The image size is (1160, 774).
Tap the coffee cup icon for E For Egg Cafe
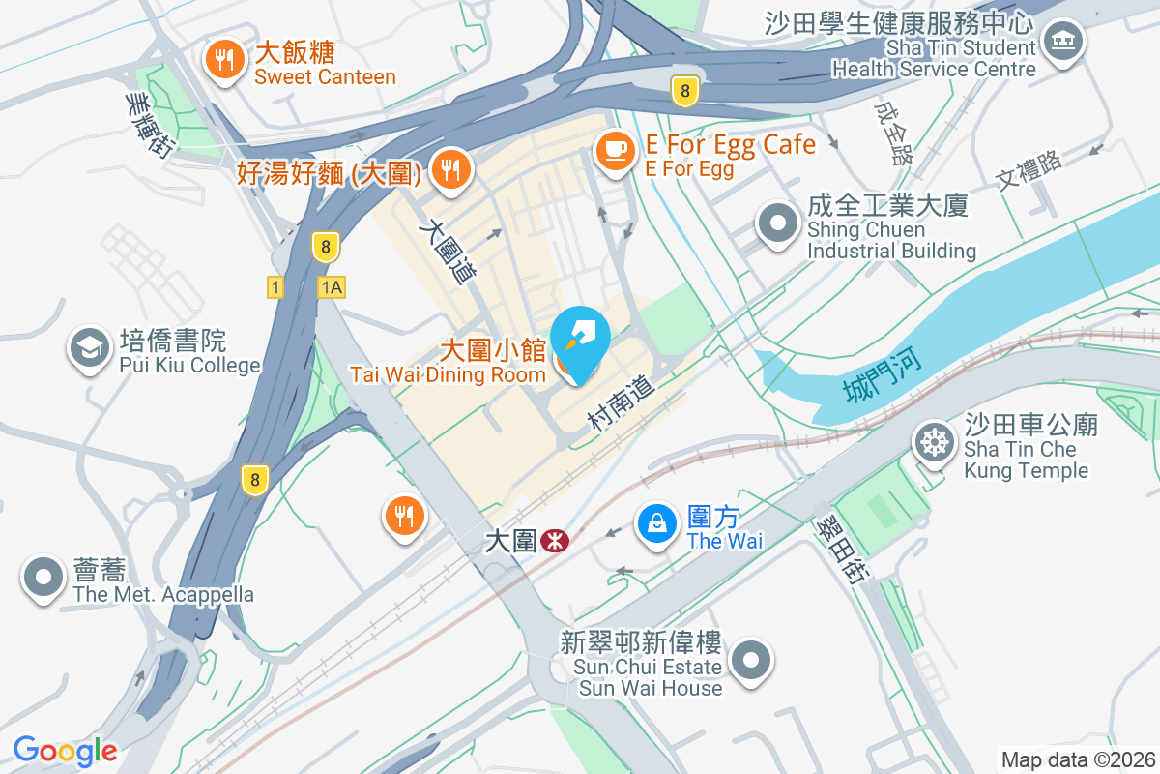tap(614, 151)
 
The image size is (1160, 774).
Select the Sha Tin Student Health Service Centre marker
tap(1063, 42)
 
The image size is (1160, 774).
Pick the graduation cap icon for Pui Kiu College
tap(90, 349)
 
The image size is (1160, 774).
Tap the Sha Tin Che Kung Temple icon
tap(934, 443)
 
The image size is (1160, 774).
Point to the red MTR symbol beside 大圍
tap(555, 540)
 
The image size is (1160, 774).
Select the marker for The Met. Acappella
tap(43, 577)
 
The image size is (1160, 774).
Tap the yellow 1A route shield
tap(332, 287)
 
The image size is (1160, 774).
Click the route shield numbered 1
tap(276, 287)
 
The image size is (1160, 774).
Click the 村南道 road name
tap(622, 402)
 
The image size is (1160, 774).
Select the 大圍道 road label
tap(448, 249)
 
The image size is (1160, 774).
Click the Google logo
tap(65, 751)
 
